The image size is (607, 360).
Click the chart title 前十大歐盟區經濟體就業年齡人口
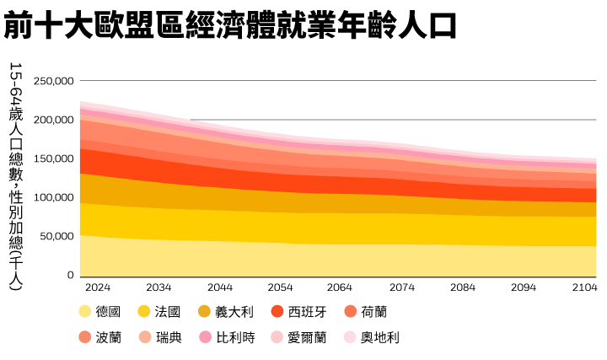(229, 26)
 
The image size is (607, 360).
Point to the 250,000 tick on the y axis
(54, 81)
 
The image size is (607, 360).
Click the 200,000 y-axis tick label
(54, 120)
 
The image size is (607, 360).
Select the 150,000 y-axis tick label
(54, 159)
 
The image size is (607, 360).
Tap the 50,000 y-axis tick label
(56, 237)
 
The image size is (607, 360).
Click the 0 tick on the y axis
(71, 275)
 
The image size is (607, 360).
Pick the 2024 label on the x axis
(98, 287)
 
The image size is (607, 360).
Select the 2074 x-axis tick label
(403, 287)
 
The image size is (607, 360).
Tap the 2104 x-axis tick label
(584, 287)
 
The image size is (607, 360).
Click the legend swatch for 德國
(85, 311)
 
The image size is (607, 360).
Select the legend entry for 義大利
(232, 311)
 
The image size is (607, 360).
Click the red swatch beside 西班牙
(276, 311)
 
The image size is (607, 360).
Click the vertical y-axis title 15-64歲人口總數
(15, 177)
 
